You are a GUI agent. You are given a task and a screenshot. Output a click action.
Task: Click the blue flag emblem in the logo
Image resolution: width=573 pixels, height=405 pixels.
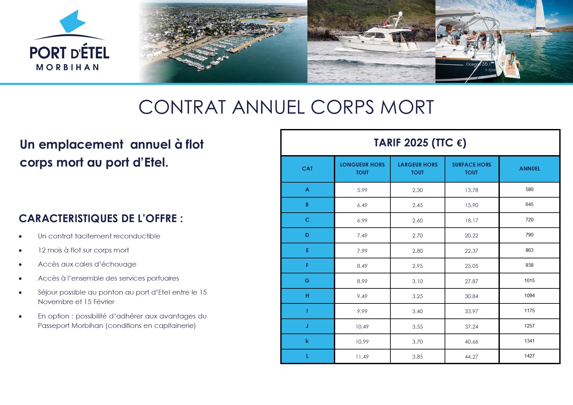tap(73, 22)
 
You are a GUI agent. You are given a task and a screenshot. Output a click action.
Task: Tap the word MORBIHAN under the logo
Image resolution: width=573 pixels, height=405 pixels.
tap(68, 67)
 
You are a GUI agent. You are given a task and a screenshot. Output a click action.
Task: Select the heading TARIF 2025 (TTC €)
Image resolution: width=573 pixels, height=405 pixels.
tap(420, 143)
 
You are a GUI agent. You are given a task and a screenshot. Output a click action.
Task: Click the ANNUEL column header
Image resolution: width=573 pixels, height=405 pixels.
tap(530, 169)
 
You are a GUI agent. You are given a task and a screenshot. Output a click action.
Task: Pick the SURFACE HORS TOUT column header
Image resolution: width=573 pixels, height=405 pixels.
tap(471, 169)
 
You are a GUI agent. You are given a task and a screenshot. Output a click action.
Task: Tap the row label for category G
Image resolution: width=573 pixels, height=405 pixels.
tap(307, 281)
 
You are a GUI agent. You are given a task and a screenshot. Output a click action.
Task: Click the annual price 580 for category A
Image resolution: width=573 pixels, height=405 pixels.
tap(530, 189)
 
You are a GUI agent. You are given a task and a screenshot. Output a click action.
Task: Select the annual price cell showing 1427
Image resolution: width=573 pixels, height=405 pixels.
tap(530, 356)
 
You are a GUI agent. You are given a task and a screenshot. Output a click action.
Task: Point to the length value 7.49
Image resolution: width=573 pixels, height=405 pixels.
tap(362, 235)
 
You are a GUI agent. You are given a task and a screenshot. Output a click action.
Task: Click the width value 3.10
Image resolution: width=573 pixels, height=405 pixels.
tap(417, 281)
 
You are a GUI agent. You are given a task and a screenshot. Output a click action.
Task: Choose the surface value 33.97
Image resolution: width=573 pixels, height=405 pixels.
tap(471, 311)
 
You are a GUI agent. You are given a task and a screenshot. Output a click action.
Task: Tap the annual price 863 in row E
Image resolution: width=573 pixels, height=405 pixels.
tap(530, 250)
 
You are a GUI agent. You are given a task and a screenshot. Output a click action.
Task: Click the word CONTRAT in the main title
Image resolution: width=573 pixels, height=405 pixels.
tap(182, 107)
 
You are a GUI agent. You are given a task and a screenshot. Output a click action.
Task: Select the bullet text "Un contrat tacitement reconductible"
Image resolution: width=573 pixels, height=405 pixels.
tap(99, 236)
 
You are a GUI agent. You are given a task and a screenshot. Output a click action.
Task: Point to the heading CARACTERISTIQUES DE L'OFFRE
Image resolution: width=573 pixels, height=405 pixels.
tap(101, 219)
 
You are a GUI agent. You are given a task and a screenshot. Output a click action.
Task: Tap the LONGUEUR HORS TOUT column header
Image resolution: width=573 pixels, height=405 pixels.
tap(362, 169)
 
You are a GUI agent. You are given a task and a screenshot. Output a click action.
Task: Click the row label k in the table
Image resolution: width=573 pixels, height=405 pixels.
tap(307, 341)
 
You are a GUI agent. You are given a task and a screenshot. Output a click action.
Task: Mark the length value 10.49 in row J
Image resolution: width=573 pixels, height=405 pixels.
tap(362, 327)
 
